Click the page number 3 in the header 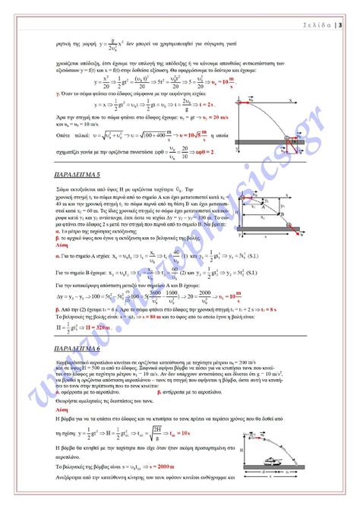tap(339, 25)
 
